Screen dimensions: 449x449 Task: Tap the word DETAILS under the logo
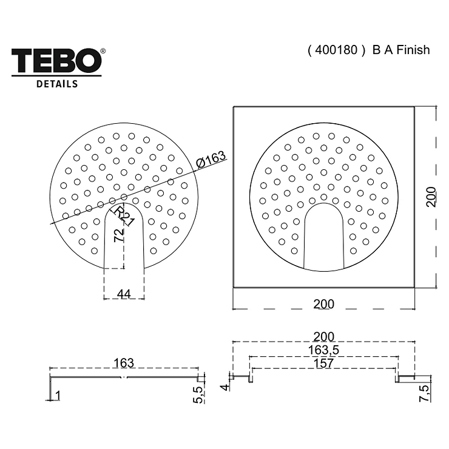pyautogui.click(x=57, y=84)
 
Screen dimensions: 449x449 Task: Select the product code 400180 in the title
pyautogui.click(x=336, y=50)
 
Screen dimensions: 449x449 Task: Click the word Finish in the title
pyautogui.click(x=413, y=50)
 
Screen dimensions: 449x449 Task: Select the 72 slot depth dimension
pyautogui.click(x=119, y=235)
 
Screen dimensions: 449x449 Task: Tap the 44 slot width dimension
pyautogui.click(x=124, y=294)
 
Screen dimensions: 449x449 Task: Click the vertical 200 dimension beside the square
pyautogui.click(x=431, y=197)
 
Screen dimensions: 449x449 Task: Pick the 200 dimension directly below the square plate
pyautogui.click(x=323, y=304)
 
